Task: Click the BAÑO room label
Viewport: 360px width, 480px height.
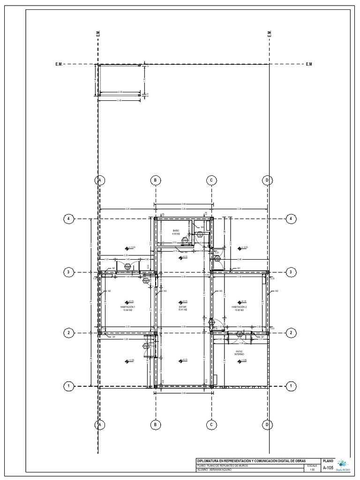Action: [x=176, y=231]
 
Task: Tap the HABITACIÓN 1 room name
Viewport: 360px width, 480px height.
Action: [x=127, y=307]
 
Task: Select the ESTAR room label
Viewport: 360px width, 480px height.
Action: [x=183, y=307]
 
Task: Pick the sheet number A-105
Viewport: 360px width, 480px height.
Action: [x=328, y=468]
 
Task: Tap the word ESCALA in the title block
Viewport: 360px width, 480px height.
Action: [x=312, y=465]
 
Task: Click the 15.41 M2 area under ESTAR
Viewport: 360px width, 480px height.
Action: [x=183, y=310]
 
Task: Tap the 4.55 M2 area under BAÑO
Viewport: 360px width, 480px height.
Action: [x=176, y=233]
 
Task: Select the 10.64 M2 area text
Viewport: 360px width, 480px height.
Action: [x=127, y=310]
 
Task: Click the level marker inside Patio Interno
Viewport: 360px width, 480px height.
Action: [x=240, y=360]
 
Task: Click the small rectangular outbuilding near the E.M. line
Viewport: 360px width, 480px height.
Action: [x=120, y=81]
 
